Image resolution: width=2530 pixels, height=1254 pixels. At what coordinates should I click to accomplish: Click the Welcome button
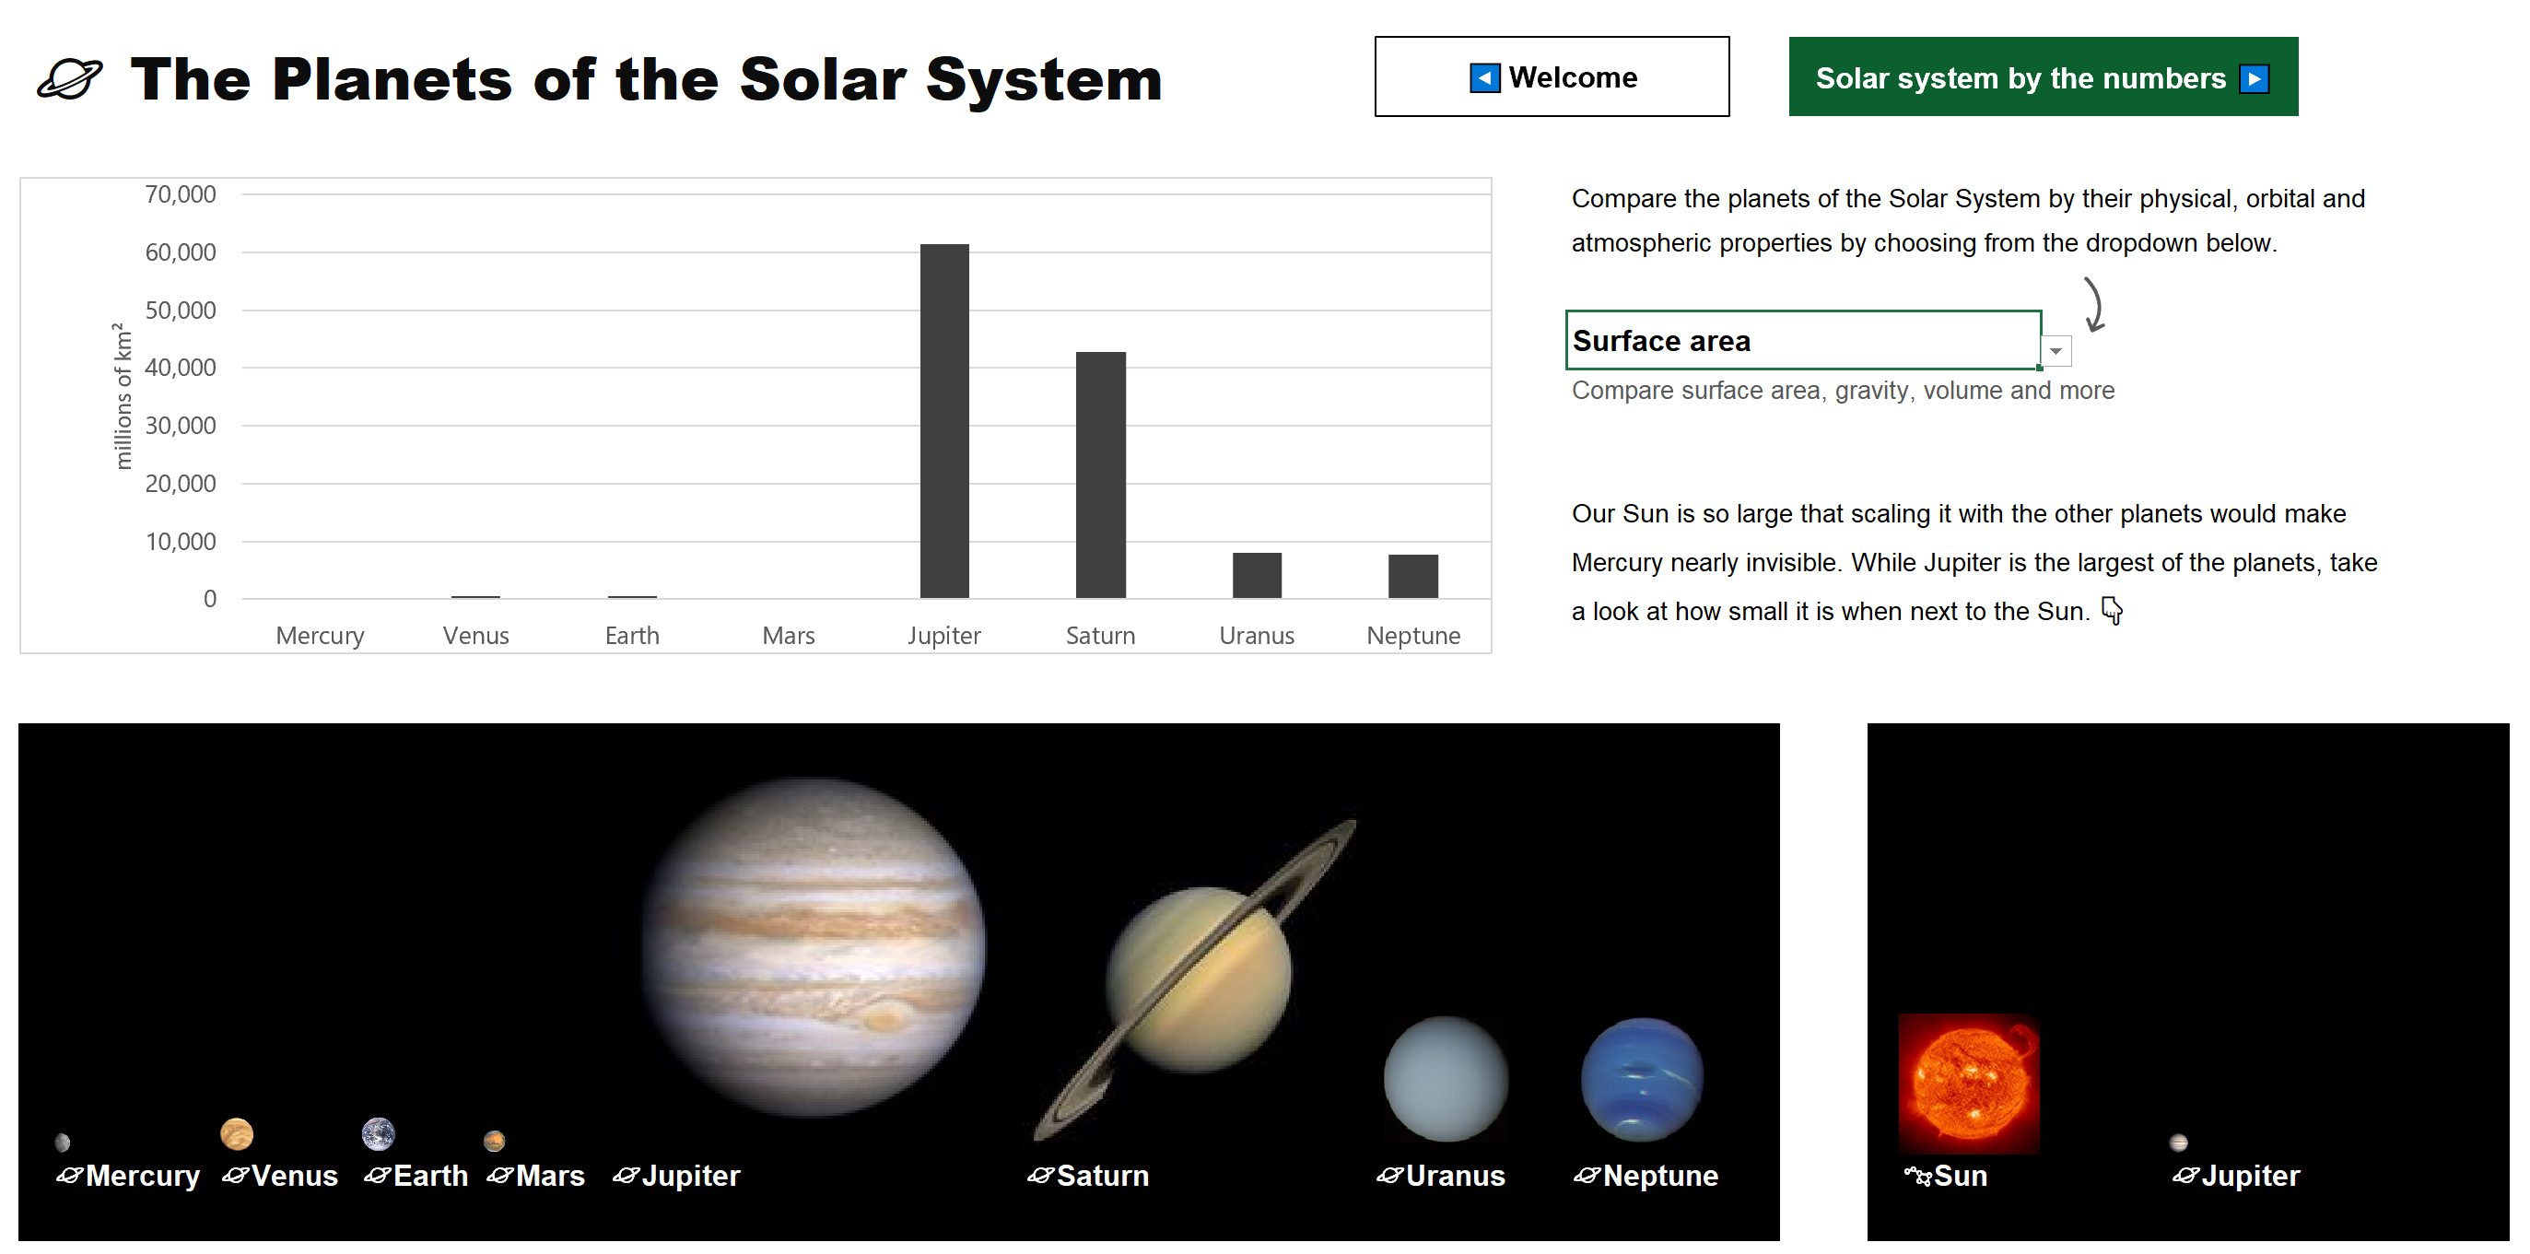click(1552, 76)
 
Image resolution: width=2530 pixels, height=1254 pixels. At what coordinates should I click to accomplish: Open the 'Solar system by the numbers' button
click(2043, 76)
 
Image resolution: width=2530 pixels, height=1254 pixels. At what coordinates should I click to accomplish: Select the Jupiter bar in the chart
click(943, 421)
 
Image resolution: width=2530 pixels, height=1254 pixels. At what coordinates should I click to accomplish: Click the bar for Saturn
click(1101, 475)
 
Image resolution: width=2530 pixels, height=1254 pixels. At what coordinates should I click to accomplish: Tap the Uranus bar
click(1257, 576)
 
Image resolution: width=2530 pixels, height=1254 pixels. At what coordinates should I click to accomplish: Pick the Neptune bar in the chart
click(1413, 577)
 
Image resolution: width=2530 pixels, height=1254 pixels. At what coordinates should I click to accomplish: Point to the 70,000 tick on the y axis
click(181, 194)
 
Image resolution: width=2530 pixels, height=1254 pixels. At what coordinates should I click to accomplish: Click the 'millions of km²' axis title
click(123, 396)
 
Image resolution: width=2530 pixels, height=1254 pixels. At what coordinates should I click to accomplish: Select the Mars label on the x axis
click(789, 636)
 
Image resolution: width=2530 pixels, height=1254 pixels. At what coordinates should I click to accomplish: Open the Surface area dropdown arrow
click(2056, 350)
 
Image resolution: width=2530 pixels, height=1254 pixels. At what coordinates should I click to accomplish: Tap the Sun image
click(1969, 1084)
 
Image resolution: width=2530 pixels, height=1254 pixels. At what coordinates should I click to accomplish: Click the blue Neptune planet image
click(1642, 1079)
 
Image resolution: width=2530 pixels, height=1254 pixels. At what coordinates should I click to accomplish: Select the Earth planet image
click(378, 1134)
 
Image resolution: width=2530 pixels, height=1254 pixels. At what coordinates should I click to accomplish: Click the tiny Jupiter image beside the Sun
click(2178, 1143)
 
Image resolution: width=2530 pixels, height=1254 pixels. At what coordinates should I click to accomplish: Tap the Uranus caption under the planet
click(1455, 1176)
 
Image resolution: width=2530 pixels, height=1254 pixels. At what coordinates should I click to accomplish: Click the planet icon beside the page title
click(70, 78)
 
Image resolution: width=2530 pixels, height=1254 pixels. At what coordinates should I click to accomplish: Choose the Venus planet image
click(237, 1134)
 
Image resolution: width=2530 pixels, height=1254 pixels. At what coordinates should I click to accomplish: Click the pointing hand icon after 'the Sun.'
click(2112, 611)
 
